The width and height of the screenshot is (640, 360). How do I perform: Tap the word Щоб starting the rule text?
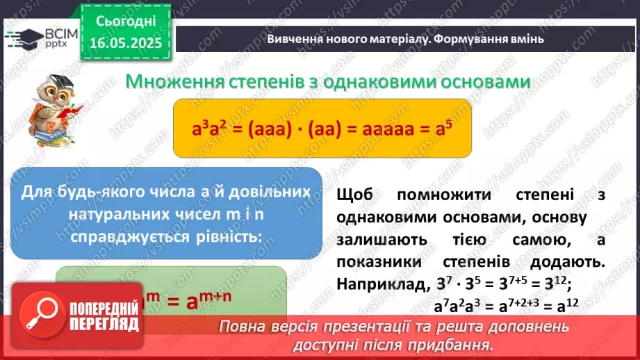coord(354,196)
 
